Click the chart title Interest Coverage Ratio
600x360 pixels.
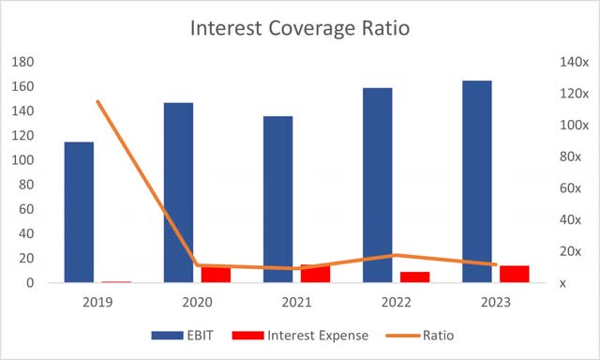pyautogui.click(x=300, y=28)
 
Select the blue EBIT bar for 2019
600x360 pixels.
pyautogui.click(x=79, y=212)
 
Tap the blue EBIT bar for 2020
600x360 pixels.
pyautogui.click(x=178, y=192)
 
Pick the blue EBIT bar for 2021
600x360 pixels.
pyautogui.click(x=277, y=199)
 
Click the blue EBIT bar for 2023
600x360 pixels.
pyautogui.click(x=477, y=181)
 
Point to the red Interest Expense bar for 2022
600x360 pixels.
pyautogui.click(x=414, y=277)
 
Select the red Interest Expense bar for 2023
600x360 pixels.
pyautogui.click(x=514, y=273)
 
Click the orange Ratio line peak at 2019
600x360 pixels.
pyautogui.click(x=97, y=101)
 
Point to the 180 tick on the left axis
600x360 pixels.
pyautogui.click(x=25, y=62)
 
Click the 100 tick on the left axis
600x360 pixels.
pyautogui.click(x=25, y=160)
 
